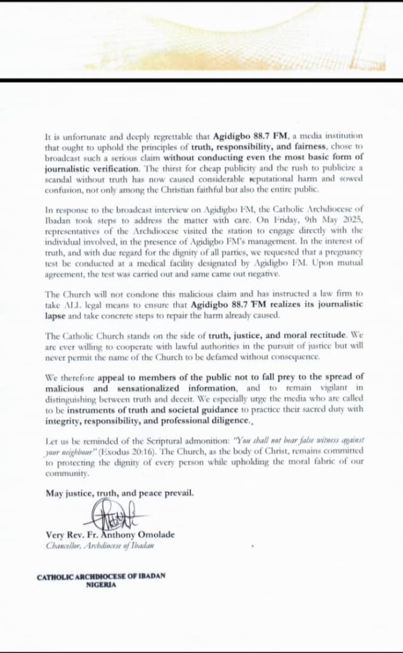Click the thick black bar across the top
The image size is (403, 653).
tap(201, 80)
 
